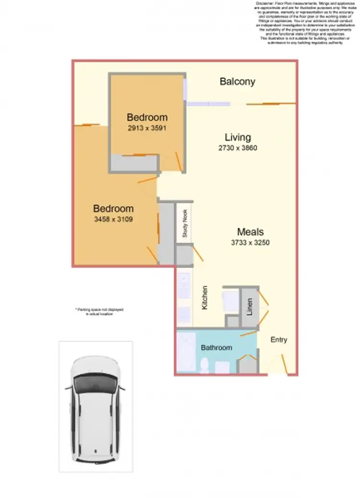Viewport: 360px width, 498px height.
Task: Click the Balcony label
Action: click(x=237, y=82)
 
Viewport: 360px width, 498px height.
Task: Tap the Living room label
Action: click(x=238, y=138)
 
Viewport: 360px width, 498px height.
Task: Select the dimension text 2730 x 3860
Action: click(x=238, y=148)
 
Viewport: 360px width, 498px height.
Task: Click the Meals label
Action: click(x=250, y=232)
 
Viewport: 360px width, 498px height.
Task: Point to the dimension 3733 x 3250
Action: click(x=250, y=243)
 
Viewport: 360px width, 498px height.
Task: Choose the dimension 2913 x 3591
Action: click(x=147, y=128)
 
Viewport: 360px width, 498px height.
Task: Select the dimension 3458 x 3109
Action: click(x=113, y=219)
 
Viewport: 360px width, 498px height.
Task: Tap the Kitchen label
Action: click(x=205, y=297)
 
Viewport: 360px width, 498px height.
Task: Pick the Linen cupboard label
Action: click(x=249, y=307)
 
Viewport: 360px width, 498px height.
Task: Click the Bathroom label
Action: click(x=216, y=347)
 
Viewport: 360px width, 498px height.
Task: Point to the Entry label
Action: click(x=278, y=340)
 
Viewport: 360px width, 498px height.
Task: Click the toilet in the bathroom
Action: click(x=204, y=366)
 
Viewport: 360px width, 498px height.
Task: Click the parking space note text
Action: click(x=99, y=311)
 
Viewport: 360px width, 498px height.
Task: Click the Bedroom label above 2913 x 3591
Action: click(x=147, y=117)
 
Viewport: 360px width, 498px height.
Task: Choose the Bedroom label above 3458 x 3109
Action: click(x=113, y=209)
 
